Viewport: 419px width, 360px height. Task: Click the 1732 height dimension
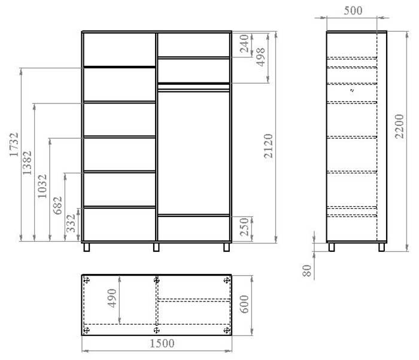click(14, 145)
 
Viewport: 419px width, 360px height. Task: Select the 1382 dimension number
click(27, 163)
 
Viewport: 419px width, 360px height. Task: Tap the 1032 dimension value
click(42, 186)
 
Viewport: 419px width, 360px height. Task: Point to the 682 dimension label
click(57, 205)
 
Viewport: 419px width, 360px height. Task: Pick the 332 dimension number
click(71, 223)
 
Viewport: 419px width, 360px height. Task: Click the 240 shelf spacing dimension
click(244, 44)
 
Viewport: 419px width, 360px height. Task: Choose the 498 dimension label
click(260, 57)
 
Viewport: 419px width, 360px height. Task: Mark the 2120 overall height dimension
click(268, 146)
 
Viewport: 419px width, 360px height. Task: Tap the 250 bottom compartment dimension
click(244, 227)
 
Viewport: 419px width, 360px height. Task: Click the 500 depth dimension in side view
click(353, 11)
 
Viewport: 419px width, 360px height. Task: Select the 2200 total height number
click(399, 126)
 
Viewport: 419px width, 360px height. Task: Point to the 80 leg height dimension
click(307, 270)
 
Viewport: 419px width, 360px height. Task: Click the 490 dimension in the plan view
click(113, 298)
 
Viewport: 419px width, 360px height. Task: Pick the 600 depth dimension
click(244, 304)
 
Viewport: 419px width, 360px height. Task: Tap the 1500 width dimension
click(162, 343)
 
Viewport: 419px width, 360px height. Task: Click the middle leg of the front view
click(156, 248)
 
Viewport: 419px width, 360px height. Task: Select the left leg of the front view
click(87, 248)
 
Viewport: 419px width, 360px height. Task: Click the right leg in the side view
click(382, 248)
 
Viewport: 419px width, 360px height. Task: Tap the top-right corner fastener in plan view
click(227, 280)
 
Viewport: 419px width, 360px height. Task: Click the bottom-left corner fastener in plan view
click(87, 330)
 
